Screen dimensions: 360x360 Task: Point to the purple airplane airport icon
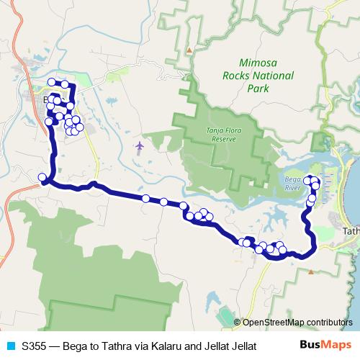[x=140, y=147]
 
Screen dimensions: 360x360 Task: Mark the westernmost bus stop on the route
[x=42, y=177]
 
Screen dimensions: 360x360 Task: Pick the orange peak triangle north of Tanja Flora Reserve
[x=189, y=50]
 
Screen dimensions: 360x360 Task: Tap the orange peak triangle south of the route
[x=310, y=272]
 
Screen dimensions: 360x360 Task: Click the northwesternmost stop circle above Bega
[x=51, y=82]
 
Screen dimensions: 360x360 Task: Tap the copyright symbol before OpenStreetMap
[x=238, y=322]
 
